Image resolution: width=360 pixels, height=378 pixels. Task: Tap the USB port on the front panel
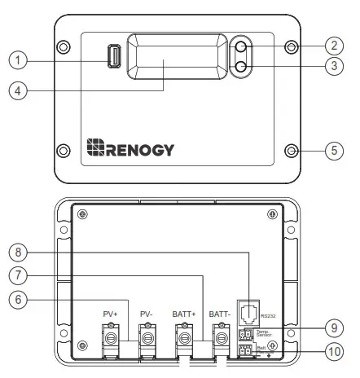[x=115, y=58]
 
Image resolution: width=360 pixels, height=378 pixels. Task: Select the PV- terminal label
[x=147, y=313]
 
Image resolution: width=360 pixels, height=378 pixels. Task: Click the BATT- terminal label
[x=221, y=313]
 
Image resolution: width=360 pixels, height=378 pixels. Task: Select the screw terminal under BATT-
[x=221, y=335]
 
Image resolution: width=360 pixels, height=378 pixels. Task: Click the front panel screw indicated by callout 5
[x=291, y=150]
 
